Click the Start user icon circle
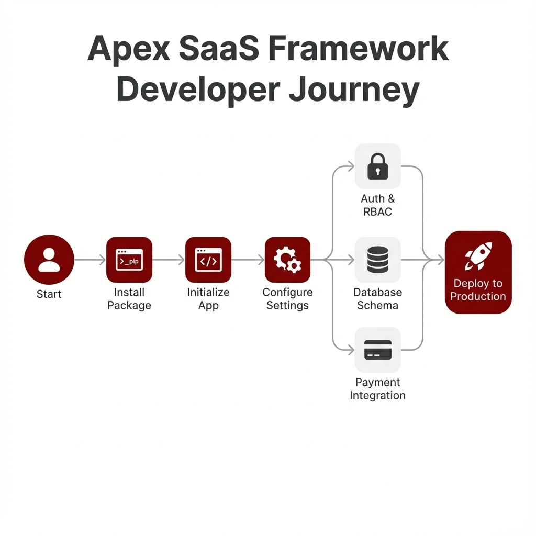pos(49,260)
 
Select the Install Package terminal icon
pos(129,260)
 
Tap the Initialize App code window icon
pos(208,260)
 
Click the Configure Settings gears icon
pos(287,260)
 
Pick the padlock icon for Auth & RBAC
pos(378,166)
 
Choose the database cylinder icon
pos(378,260)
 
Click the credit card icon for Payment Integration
pos(378,350)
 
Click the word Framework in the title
pos(358,49)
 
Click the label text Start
pos(49,294)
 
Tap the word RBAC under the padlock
pos(378,212)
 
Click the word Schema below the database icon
pos(378,305)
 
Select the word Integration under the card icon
pos(378,396)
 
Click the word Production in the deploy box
pos(478,296)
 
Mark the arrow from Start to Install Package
pos(90,260)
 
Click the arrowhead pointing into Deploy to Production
pos(440,260)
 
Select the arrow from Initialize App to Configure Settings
pos(248,260)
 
